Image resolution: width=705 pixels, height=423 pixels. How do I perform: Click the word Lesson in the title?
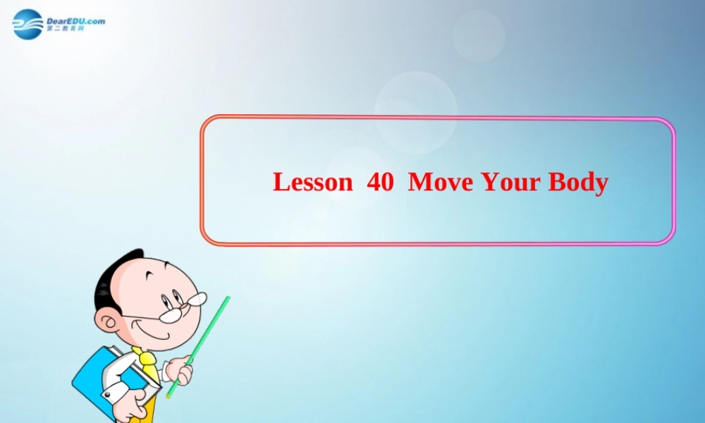click(x=312, y=182)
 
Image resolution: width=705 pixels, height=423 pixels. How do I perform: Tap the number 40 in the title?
click(x=380, y=182)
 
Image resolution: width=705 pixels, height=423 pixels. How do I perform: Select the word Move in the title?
click(x=441, y=182)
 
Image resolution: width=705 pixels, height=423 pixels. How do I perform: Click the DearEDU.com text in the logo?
click(x=75, y=21)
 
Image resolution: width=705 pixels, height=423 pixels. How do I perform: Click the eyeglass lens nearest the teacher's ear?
click(x=170, y=315)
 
